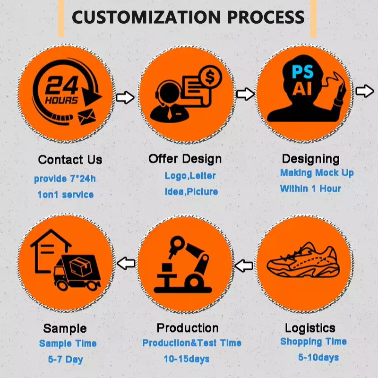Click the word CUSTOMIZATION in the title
pyautogui.click(x=147, y=17)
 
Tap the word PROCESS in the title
pyautogui.click(x=266, y=17)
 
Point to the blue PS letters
pyautogui.click(x=302, y=72)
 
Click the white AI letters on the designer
pyautogui.click(x=302, y=89)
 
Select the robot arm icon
pyautogui.click(x=185, y=265)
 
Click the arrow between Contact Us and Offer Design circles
pyautogui.click(x=125, y=98)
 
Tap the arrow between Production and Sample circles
pyautogui.click(x=126, y=263)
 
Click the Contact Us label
pyautogui.click(x=70, y=160)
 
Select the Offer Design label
pyautogui.click(x=185, y=158)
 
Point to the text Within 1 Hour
pyautogui.click(x=310, y=189)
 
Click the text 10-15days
pyautogui.click(x=187, y=360)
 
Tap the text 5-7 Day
pyautogui.click(x=66, y=360)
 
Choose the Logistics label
pyautogui.click(x=310, y=328)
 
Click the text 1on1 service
pyautogui.click(x=65, y=195)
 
